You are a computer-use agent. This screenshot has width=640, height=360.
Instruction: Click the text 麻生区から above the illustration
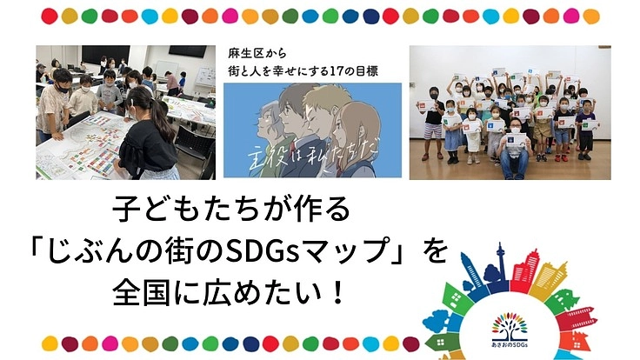tap(253, 56)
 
